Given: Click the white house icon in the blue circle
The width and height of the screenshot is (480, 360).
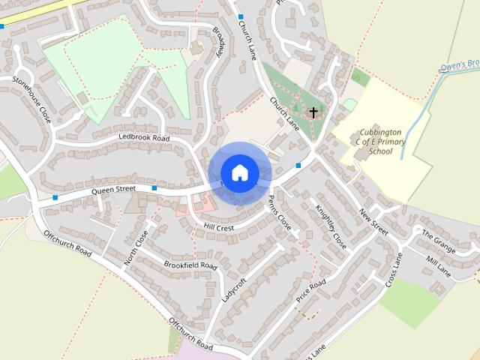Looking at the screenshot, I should (239, 172).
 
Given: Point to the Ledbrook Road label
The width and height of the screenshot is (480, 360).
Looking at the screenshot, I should (144, 139).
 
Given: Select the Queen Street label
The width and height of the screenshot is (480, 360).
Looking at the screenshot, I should (113, 190).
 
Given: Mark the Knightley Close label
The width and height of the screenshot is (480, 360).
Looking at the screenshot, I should (330, 226).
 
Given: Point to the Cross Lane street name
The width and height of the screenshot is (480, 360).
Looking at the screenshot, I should (394, 271).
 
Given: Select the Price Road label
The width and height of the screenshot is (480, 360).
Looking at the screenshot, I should (310, 290).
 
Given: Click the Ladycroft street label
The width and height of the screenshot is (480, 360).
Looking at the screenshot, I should (235, 289).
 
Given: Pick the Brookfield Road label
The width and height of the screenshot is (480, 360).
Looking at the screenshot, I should (190, 265).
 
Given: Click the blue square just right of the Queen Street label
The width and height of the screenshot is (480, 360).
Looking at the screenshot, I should (154, 187).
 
